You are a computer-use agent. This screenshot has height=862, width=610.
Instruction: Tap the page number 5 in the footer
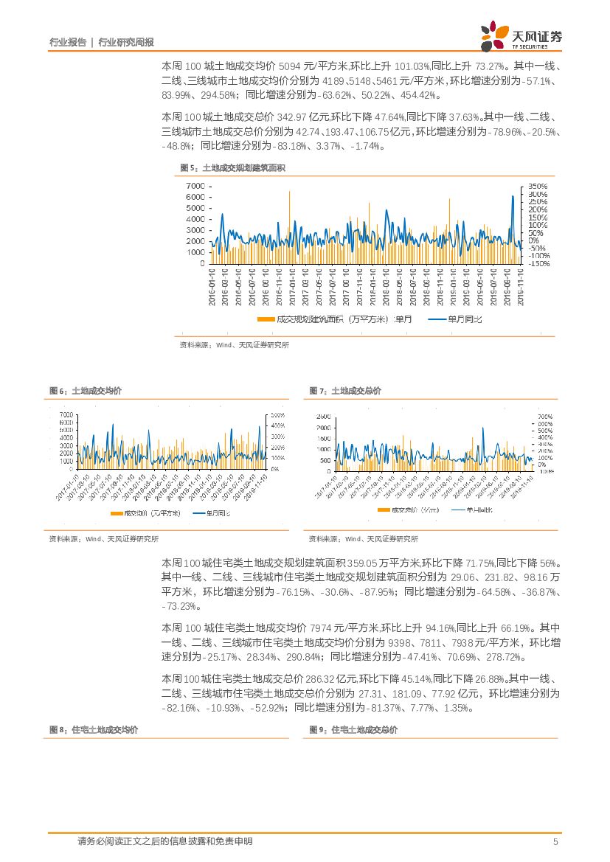coord(555,841)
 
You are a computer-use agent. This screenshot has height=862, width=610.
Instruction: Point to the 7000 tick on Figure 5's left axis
coord(195,186)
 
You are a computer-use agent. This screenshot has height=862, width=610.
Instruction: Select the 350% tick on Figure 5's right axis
coord(537,186)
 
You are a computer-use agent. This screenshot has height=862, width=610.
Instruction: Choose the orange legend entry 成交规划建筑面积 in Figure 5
coord(336,319)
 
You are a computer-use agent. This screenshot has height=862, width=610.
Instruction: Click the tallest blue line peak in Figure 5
coord(513,196)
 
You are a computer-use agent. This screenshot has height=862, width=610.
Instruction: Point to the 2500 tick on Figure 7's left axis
coord(323,417)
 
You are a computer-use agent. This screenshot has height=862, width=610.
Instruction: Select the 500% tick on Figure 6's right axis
coord(278,415)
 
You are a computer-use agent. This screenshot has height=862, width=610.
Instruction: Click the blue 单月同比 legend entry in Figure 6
coord(212,513)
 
